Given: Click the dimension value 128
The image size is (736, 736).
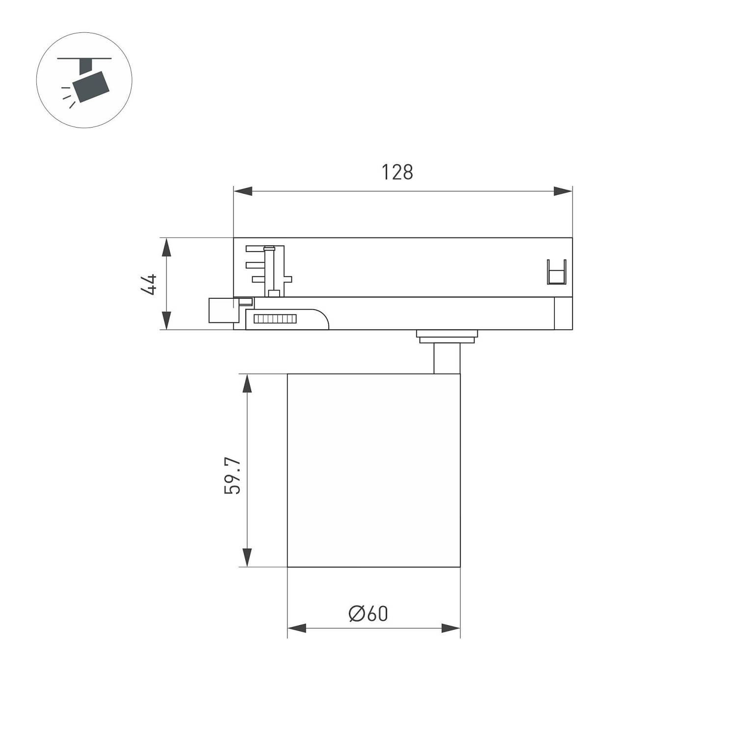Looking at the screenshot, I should (397, 172).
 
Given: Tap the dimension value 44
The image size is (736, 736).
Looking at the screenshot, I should (149, 284).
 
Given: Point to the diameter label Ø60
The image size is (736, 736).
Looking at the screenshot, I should (368, 613).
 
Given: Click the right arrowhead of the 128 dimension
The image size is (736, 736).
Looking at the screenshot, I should (563, 191).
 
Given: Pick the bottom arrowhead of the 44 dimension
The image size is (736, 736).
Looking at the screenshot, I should (167, 320).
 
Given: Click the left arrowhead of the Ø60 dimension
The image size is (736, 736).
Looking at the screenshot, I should (297, 628).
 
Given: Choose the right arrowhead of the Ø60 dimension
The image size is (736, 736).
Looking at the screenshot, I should (451, 628).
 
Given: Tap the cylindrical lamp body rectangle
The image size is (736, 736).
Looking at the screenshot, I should (373, 470).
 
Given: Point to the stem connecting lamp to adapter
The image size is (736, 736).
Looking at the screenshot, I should (447, 359).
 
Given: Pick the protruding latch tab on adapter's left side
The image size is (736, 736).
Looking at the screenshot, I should (221, 310).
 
